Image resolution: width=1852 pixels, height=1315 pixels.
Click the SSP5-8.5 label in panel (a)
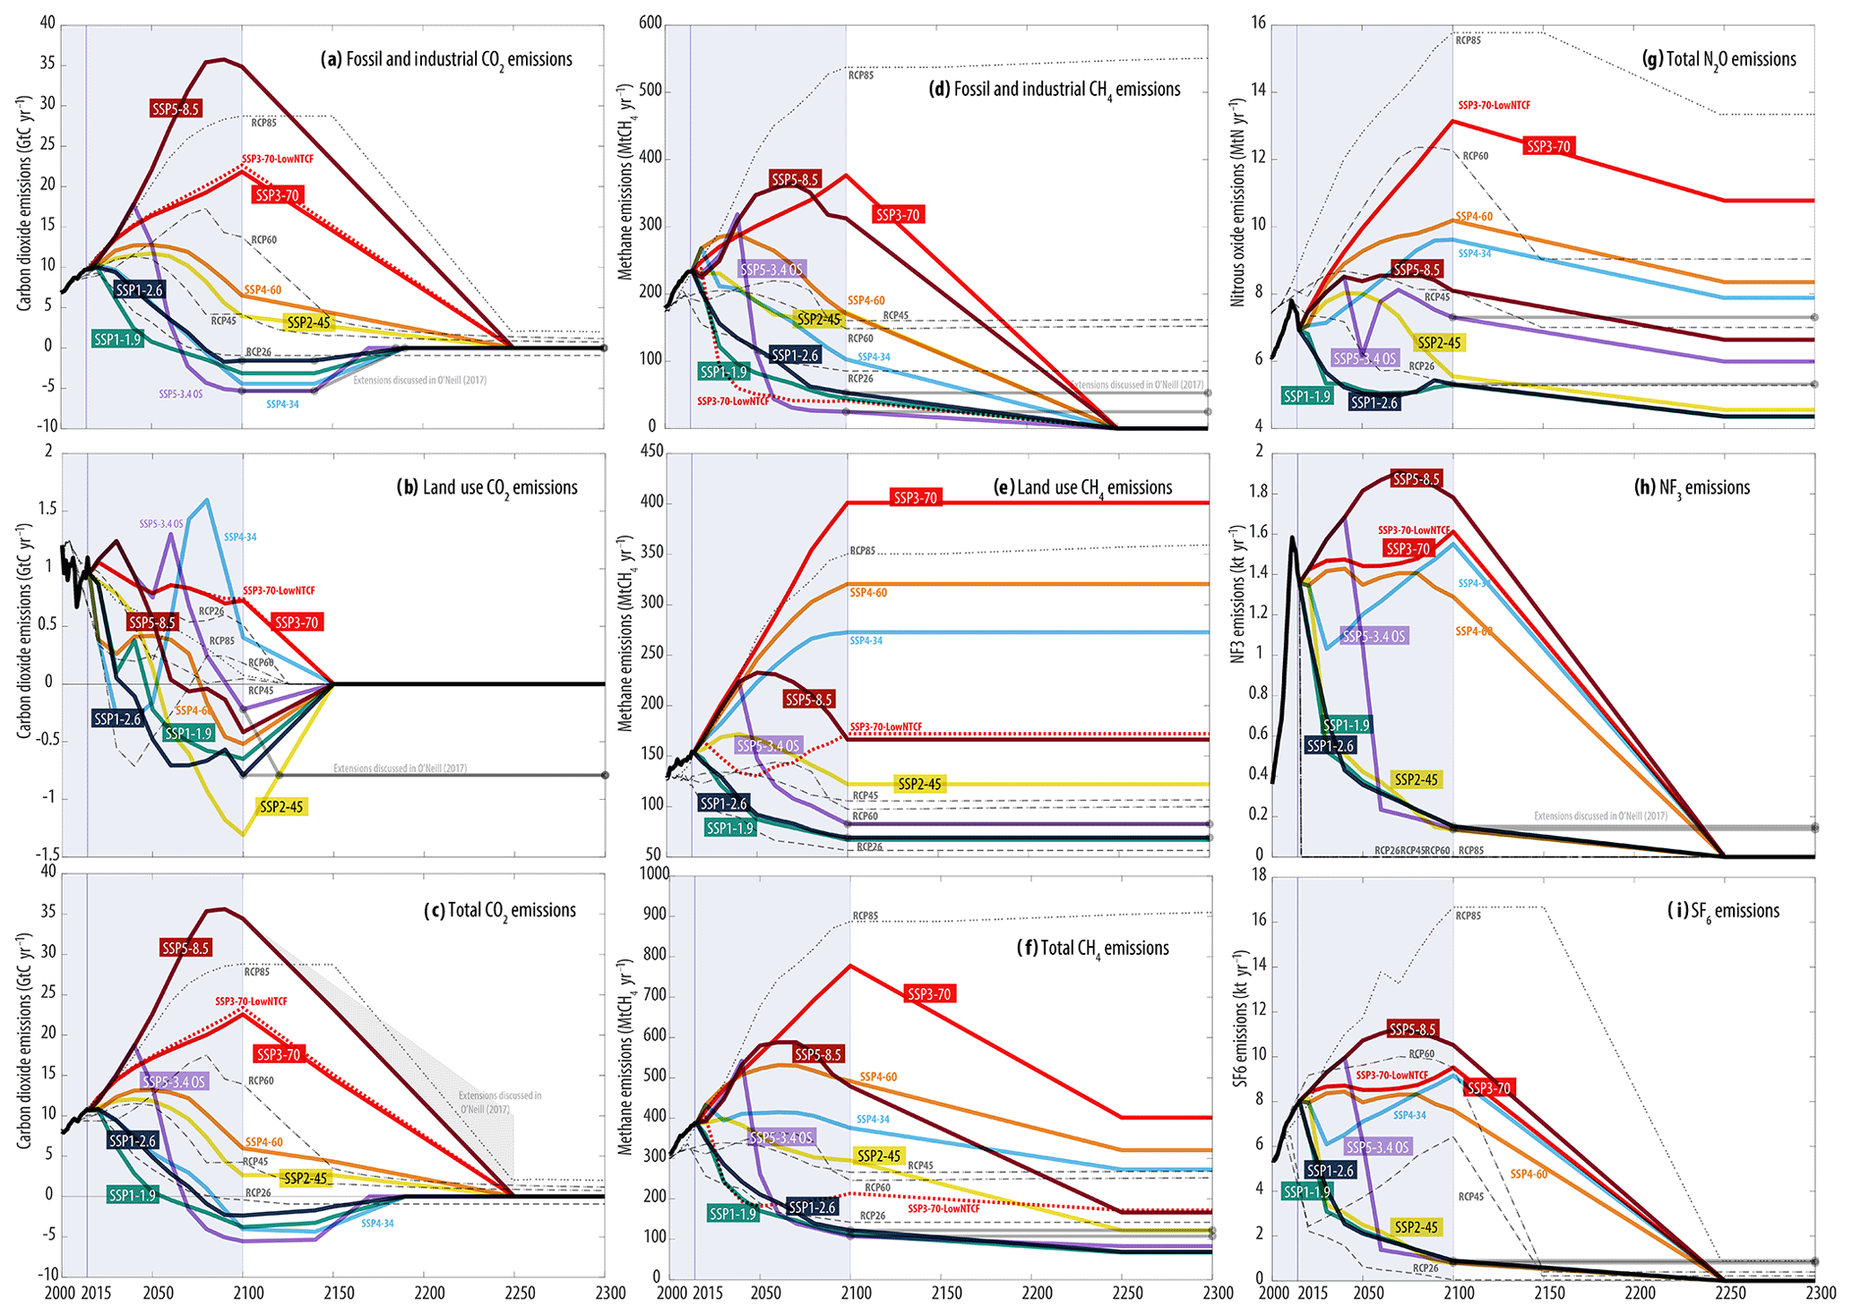point(176,109)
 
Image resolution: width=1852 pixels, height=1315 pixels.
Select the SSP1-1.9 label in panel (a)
point(117,339)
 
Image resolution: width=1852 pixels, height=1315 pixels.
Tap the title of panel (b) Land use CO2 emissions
point(487,488)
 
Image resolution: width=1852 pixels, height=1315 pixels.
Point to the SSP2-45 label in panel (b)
point(281,807)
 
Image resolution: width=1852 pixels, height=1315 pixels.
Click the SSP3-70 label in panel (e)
point(915,498)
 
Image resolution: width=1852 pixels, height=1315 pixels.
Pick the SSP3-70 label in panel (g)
point(1547,147)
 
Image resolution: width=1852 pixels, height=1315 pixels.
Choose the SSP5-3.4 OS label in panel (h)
point(1374,637)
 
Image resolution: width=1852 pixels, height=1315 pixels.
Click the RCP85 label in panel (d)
point(860,76)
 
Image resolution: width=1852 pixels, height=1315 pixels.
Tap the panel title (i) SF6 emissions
point(1723,912)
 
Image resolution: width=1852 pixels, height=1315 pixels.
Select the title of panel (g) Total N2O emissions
point(1718,60)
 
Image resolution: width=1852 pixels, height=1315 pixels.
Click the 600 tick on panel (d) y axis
point(650,24)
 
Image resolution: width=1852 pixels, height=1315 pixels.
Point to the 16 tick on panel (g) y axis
point(1258,24)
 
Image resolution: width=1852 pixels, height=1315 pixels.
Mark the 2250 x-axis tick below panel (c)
point(520,1294)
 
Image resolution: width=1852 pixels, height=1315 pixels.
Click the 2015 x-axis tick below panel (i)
point(1314,1294)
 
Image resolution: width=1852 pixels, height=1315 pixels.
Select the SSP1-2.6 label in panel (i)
point(1330,1171)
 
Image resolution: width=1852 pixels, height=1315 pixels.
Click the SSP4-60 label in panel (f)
point(878,1077)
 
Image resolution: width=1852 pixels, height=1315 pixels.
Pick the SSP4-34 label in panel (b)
point(240,537)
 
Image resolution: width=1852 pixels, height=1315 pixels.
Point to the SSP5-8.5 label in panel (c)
point(185,948)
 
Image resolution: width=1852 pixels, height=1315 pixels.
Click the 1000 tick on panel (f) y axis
point(653,874)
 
